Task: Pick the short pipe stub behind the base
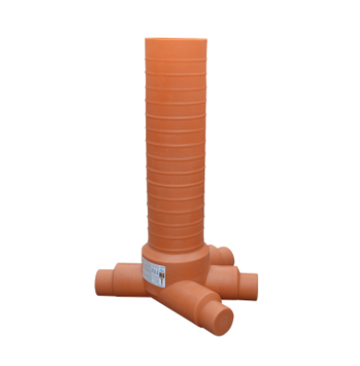(x=223, y=251)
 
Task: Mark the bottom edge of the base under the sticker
(x=154, y=287)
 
